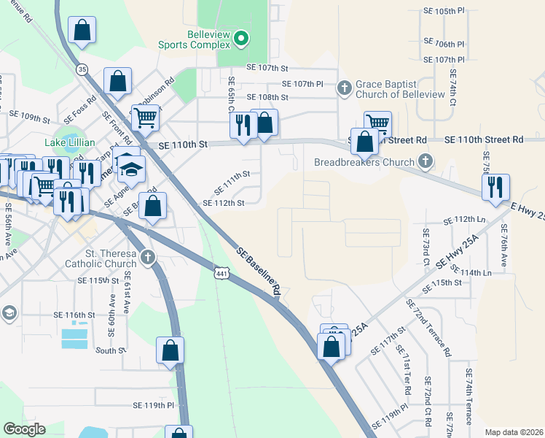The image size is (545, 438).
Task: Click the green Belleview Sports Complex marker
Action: [x=243, y=39]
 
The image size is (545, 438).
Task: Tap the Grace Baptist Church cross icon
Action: [x=345, y=88]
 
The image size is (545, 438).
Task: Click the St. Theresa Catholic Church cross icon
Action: [x=148, y=258]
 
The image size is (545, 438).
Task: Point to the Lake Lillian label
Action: [x=70, y=142]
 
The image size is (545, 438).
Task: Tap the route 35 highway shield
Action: [x=82, y=69]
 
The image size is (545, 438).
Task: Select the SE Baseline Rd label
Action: [x=259, y=270]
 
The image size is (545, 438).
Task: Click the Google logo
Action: [x=24, y=429]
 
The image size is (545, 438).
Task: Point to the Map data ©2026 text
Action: [x=513, y=432]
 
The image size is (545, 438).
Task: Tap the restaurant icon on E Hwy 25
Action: [x=495, y=187]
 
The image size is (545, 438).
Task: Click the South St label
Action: [x=111, y=350]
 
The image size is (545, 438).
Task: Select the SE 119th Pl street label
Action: [x=153, y=404]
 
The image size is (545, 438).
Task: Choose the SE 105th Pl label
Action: [x=444, y=12]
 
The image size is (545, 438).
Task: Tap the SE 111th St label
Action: [x=231, y=174]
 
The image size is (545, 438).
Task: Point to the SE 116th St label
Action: [x=74, y=315]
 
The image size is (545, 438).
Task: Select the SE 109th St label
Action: [x=29, y=116]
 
